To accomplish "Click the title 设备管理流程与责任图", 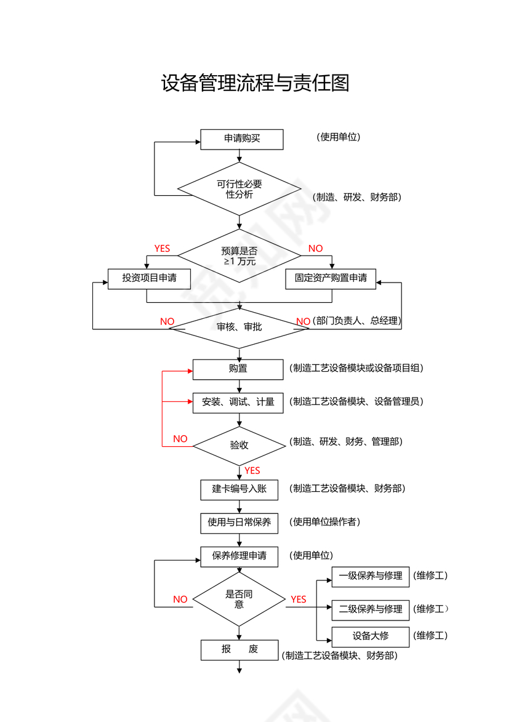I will pos(255,83).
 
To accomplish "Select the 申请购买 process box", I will pos(242,139).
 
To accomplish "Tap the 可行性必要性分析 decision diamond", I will pos(239,189).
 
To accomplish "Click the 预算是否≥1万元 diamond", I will pos(239,255).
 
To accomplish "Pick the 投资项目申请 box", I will pos(149,278).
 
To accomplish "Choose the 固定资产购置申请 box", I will pos(331,278).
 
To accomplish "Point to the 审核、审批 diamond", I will pos(239,327).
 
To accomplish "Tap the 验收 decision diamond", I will pos(239,445).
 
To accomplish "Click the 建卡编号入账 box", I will pos(239,489).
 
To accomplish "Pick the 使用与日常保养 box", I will pos(239,523).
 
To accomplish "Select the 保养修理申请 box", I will pos(239,556).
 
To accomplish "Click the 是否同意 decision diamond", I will pos(239,600).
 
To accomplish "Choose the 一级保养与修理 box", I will pos(370,576).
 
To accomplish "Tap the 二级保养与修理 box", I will pos(370,609).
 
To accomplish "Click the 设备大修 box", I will pos(370,636).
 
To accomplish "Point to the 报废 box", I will pos(239,650).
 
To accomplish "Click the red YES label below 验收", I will pos(252,471).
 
